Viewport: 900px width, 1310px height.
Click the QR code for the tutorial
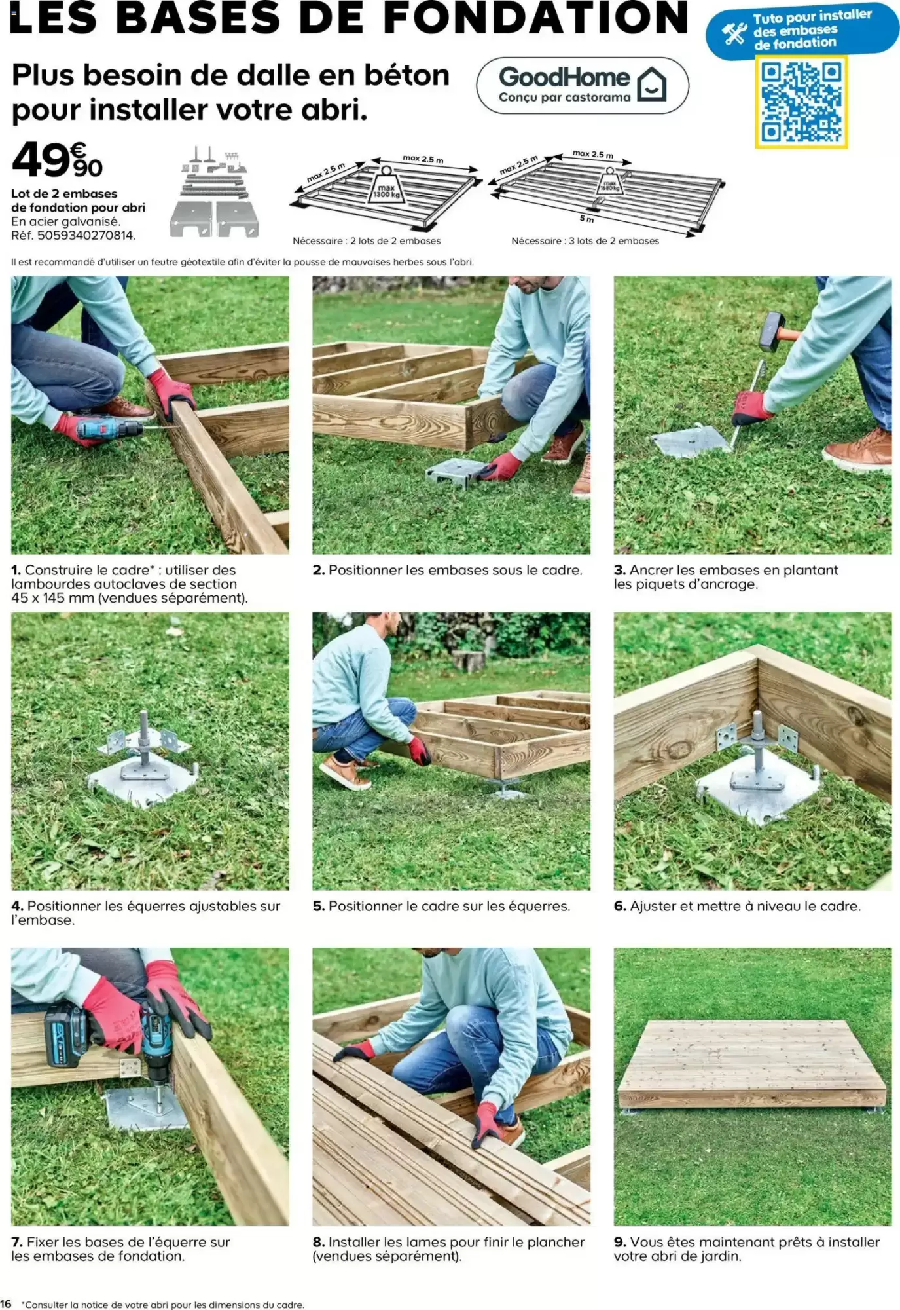pyautogui.click(x=801, y=102)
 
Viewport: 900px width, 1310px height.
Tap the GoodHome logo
pyautogui.click(x=583, y=85)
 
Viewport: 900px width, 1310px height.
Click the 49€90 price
pyautogui.click(x=58, y=160)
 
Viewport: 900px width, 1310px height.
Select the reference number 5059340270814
pyautogui.click(x=85, y=235)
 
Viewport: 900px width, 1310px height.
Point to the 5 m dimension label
pyautogui.click(x=586, y=219)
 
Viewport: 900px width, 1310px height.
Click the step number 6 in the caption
pyautogui.click(x=619, y=907)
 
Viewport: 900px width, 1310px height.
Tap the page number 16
pyautogui.click(x=6, y=1304)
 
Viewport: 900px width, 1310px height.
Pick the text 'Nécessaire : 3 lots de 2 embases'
pyautogui.click(x=585, y=241)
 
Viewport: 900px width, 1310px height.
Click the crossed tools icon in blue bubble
pyautogui.click(x=734, y=33)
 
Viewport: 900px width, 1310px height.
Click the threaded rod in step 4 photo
pyautogui.click(x=144, y=737)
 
